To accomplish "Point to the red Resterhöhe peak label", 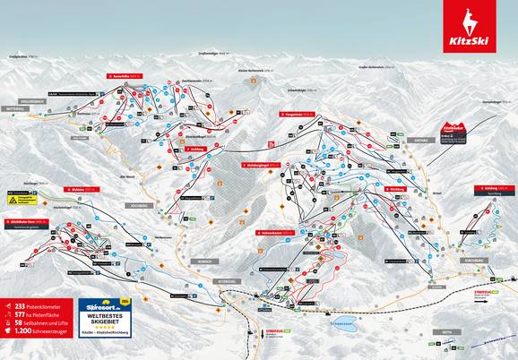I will click(x=124, y=76).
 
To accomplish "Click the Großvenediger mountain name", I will click(x=207, y=53).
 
